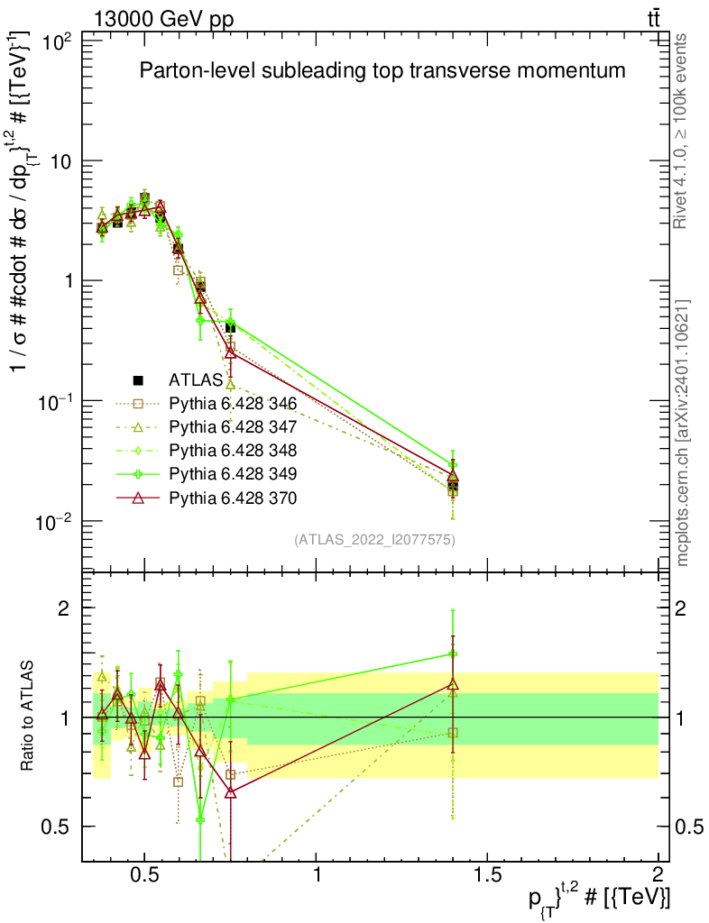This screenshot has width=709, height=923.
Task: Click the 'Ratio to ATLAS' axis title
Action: coord(29,717)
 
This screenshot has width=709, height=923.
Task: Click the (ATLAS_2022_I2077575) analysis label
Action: coord(373,540)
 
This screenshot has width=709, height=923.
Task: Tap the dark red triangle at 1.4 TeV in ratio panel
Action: coord(453,684)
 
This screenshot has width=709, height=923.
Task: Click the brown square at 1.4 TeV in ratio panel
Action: coord(453,733)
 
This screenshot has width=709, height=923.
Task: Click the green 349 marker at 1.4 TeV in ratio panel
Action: coord(453,653)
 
